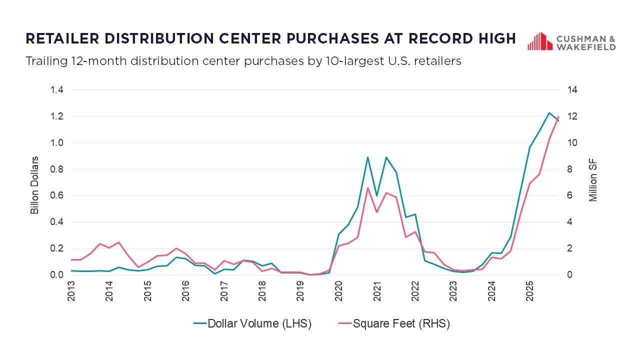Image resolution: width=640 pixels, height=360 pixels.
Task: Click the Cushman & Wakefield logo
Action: coord(571,42)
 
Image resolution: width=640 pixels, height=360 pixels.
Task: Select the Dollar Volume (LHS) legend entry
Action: coord(252,323)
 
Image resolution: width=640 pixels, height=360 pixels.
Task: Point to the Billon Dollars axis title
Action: coord(34,185)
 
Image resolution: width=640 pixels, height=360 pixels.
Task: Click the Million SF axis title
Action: coord(593,181)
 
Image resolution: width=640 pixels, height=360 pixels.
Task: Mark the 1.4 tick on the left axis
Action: coord(56,90)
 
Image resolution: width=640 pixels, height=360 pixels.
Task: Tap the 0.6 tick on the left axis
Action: coord(56,195)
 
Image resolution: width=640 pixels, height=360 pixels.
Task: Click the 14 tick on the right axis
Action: coord(572,90)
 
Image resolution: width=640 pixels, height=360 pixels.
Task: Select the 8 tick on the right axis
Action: coord(569,169)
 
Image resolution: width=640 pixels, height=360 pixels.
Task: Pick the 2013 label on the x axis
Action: coord(71,291)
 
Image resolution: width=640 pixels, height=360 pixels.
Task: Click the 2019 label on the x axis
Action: coord(300,291)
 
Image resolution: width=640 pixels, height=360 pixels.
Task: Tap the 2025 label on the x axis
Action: coord(530,291)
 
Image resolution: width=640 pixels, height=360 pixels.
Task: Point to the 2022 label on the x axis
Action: coord(415,291)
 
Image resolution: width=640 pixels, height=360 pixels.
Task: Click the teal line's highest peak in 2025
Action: coord(549,112)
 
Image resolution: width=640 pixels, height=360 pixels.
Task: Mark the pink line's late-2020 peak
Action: coord(367,187)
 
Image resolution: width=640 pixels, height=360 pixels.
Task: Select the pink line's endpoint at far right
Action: coord(558,116)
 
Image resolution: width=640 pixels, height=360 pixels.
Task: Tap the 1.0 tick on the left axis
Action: coord(56,143)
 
